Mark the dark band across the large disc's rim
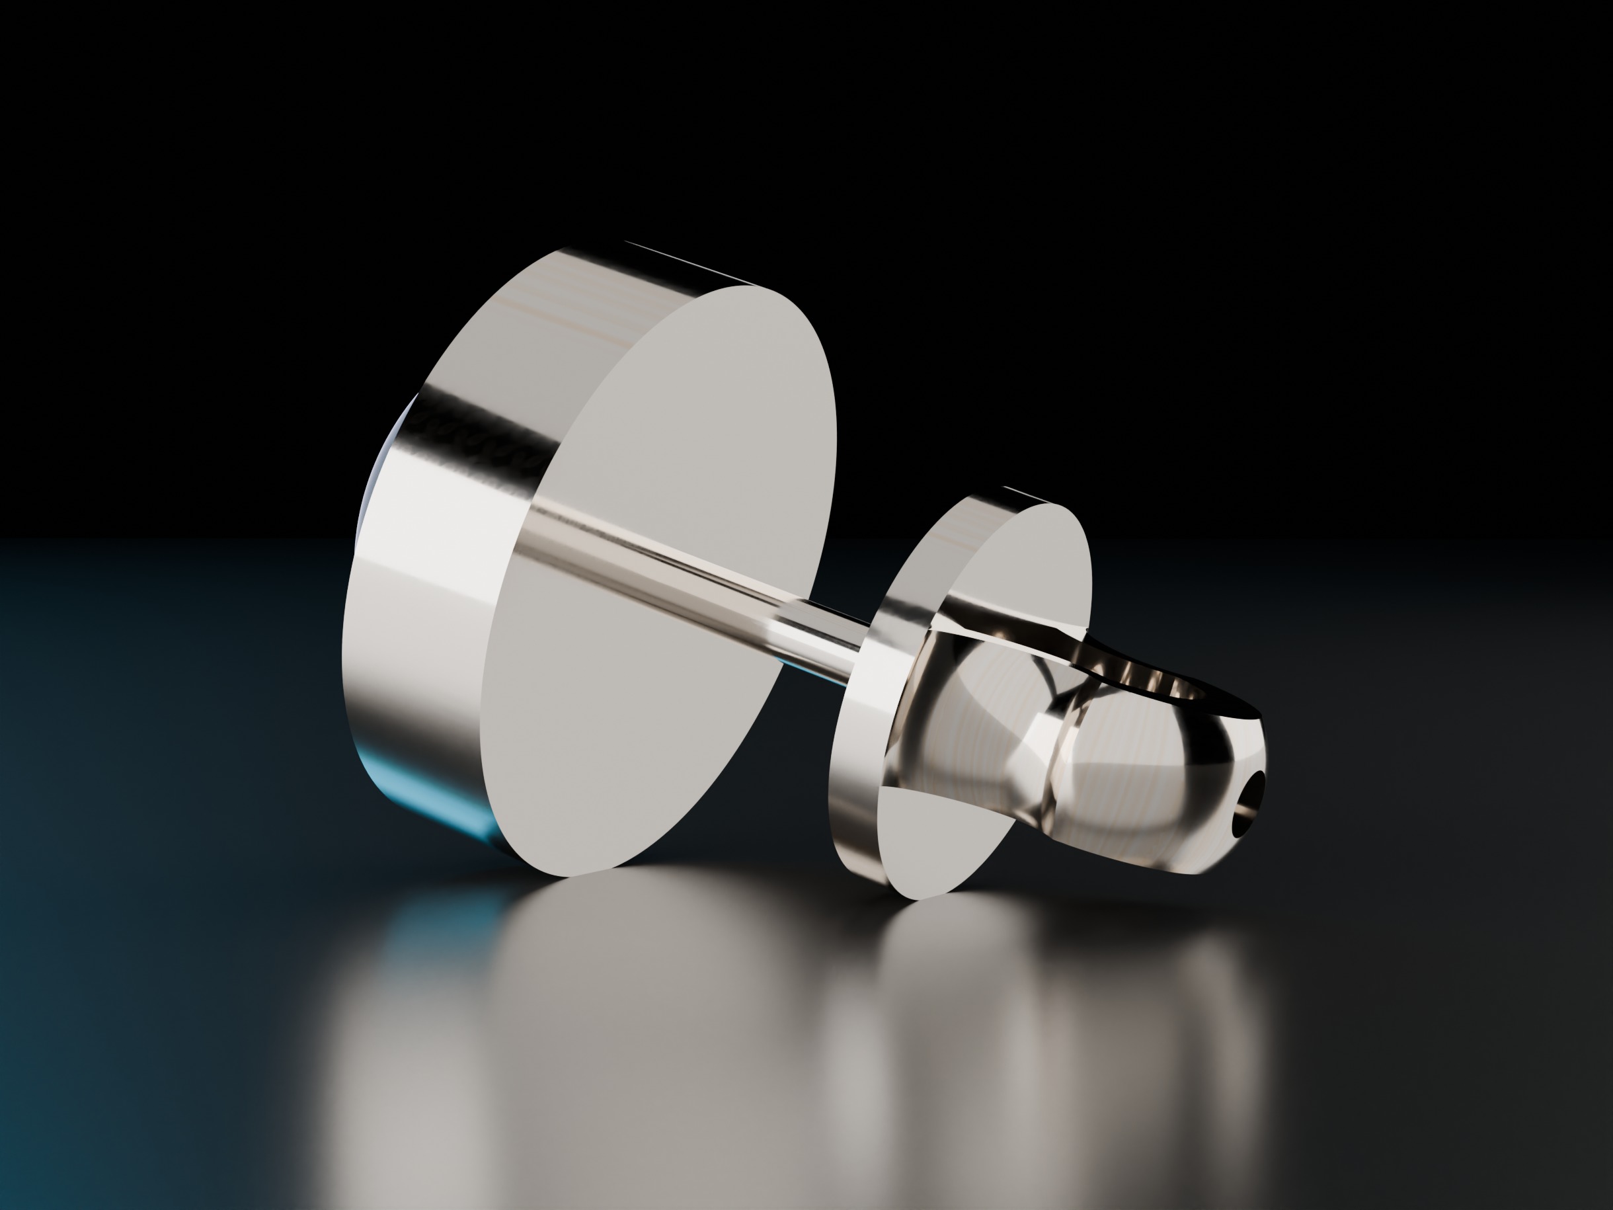pos(481,423)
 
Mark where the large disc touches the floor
pos(576,875)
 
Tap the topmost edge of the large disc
pos(583,248)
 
